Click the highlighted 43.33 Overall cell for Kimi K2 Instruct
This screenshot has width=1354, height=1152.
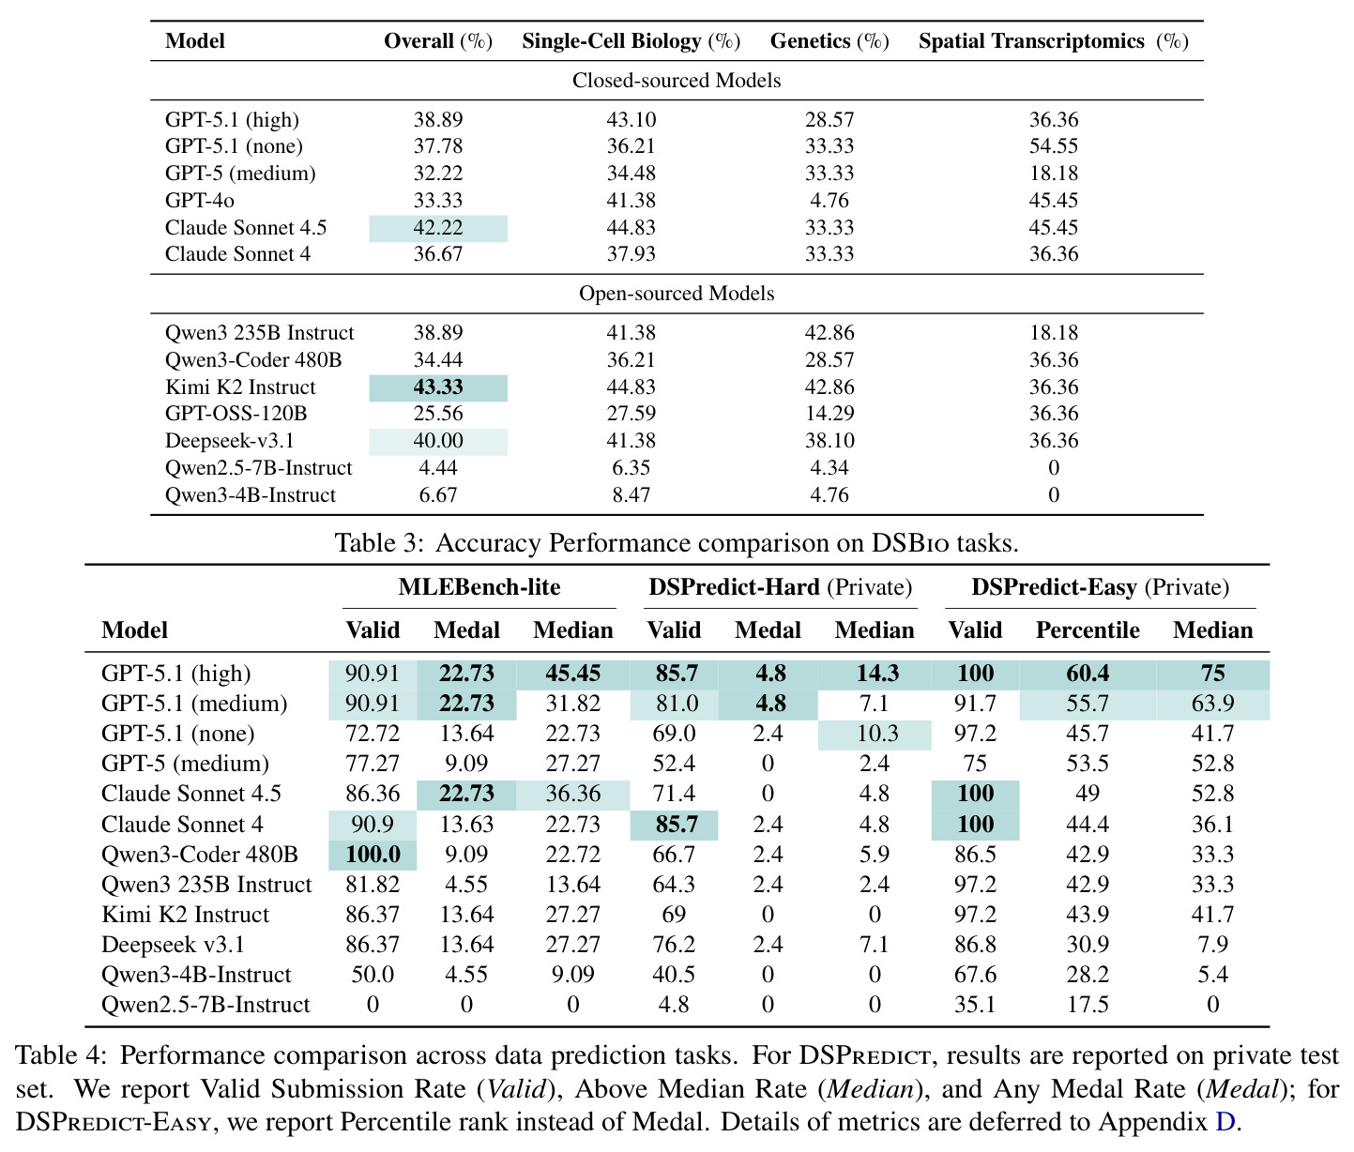pyautogui.click(x=437, y=387)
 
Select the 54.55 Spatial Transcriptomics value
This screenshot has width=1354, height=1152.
pyautogui.click(x=1053, y=146)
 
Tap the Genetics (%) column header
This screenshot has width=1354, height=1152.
pyautogui.click(x=829, y=41)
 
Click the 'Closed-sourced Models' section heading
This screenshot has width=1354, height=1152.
pyautogui.click(x=676, y=81)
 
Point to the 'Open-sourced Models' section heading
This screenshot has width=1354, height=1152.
pyautogui.click(x=676, y=294)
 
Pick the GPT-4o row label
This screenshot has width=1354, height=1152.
pyautogui.click(x=199, y=201)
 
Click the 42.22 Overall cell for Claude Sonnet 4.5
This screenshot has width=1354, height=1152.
pyautogui.click(x=437, y=228)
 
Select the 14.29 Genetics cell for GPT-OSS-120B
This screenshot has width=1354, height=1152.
pyautogui.click(x=829, y=414)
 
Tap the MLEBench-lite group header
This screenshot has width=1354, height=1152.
pyautogui.click(x=479, y=587)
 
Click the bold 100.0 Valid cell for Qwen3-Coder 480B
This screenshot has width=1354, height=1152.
pyautogui.click(x=373, y=855)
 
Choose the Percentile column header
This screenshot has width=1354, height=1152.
pyautogui.click(x=1088, y=630)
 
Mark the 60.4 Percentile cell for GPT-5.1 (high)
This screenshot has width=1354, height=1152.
pyautogui.click(x=1088, y=674)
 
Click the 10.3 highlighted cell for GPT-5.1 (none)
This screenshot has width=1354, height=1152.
pyautogui.click(x=875, y=734)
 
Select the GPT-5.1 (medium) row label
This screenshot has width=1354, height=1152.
pyautogui.click(x=194, y=704)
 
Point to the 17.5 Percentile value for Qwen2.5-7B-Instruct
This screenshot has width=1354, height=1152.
pyautogui.click(x=1088, y=1005)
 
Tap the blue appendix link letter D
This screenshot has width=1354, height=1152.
pyautogui.click(x=1225, y=1122)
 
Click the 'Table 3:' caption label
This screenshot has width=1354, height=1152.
pyautogui.click(x=380, y=543)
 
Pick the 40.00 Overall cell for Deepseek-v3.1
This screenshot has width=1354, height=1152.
pyautogui.click(x=437, y=441)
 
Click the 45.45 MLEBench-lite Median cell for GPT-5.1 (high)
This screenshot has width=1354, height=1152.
pyautogui.click(x=572, y=674)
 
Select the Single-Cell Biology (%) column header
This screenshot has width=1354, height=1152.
pyautogui.click(x=631, y=41)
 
